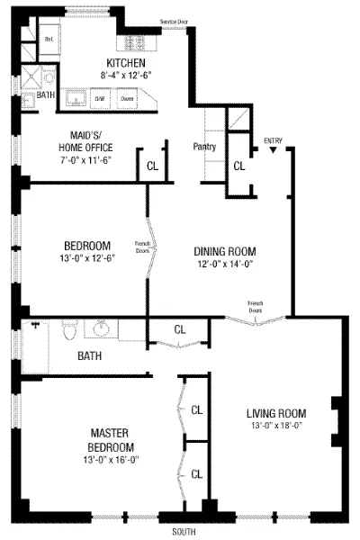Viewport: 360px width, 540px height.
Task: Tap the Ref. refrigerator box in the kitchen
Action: click(51, 40)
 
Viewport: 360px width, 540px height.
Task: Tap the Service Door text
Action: click(174, 19)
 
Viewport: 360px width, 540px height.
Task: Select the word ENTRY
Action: click(274, 141)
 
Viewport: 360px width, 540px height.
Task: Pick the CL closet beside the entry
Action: click(239, 166)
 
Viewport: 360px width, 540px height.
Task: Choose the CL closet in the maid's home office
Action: click(152, 166)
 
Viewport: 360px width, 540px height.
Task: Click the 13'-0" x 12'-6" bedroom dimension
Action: click(87, 260)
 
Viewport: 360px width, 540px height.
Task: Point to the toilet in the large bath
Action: click(69, 332)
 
